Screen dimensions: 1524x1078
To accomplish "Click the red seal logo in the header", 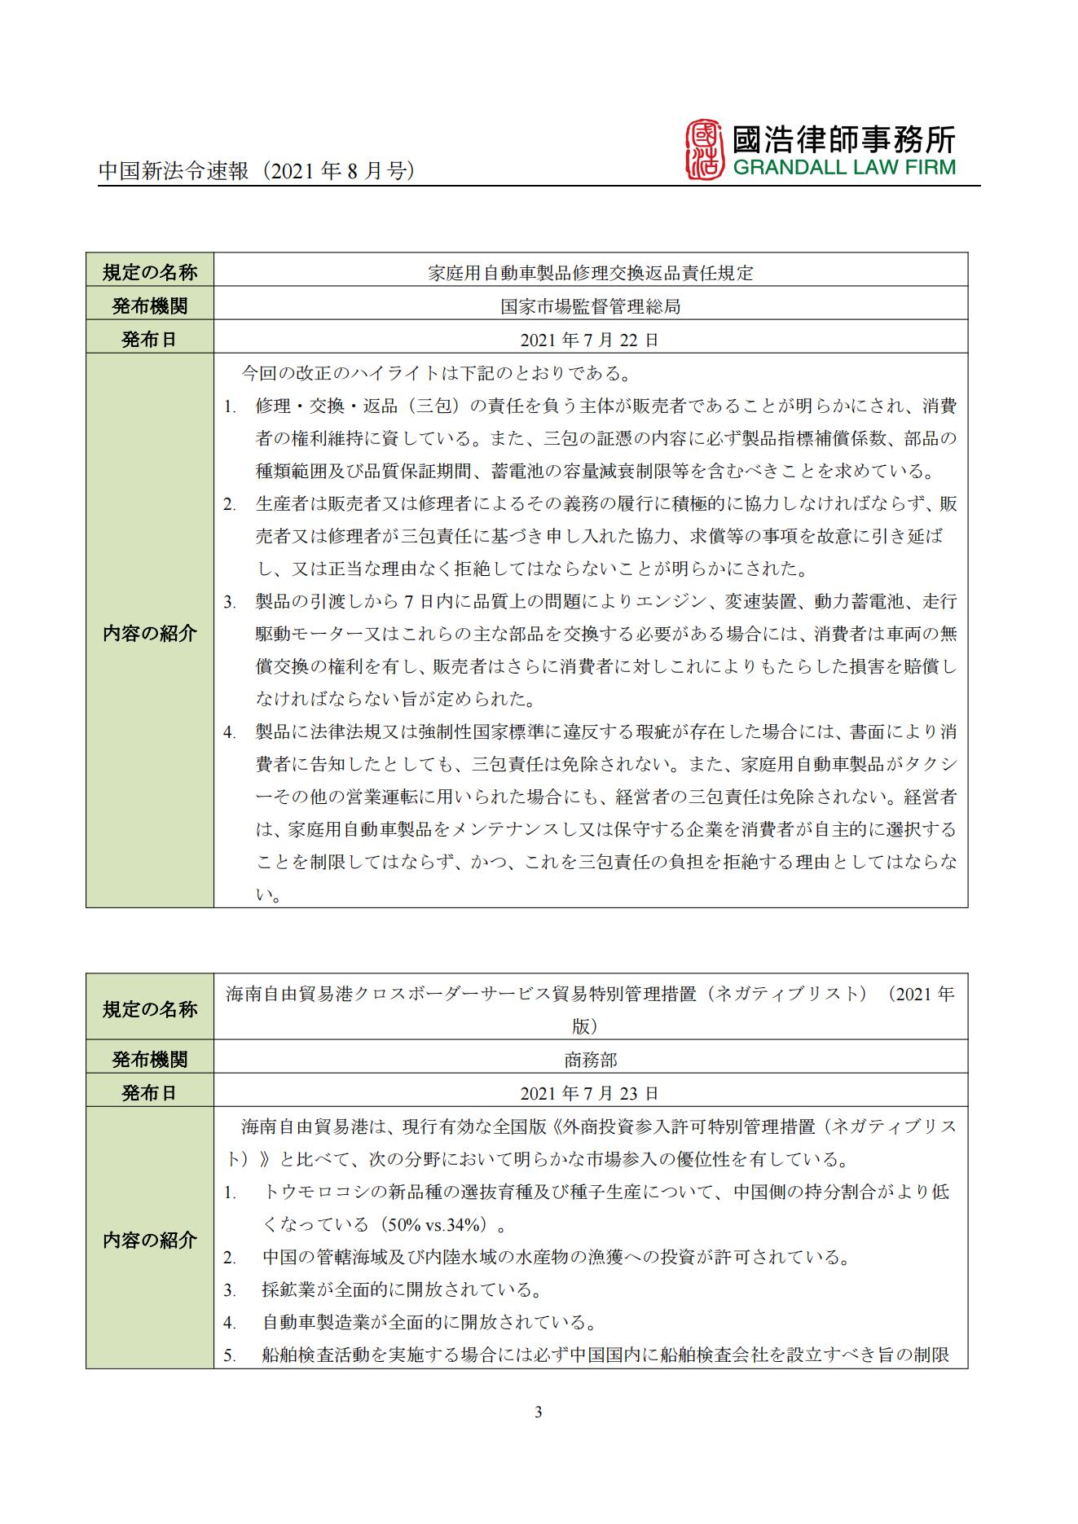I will (x=705, y=150).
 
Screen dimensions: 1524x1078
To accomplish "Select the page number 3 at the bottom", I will (x=538, y=1412).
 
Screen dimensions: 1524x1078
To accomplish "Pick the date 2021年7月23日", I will (x=590, y=1093).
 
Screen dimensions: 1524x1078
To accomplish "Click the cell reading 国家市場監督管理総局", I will (x=590, y=306).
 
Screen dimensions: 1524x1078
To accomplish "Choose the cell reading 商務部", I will (x=590, y=1060).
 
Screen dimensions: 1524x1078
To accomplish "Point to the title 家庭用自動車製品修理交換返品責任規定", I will (x=590, y=273).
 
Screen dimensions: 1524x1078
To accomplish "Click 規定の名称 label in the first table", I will (x=150, y=273).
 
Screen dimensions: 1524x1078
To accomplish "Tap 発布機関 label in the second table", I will (x=150, y=1060).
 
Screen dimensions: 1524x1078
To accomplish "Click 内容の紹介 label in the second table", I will (x=150, y=1241).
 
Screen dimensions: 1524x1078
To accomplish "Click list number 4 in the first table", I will (x=230, y=732).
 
